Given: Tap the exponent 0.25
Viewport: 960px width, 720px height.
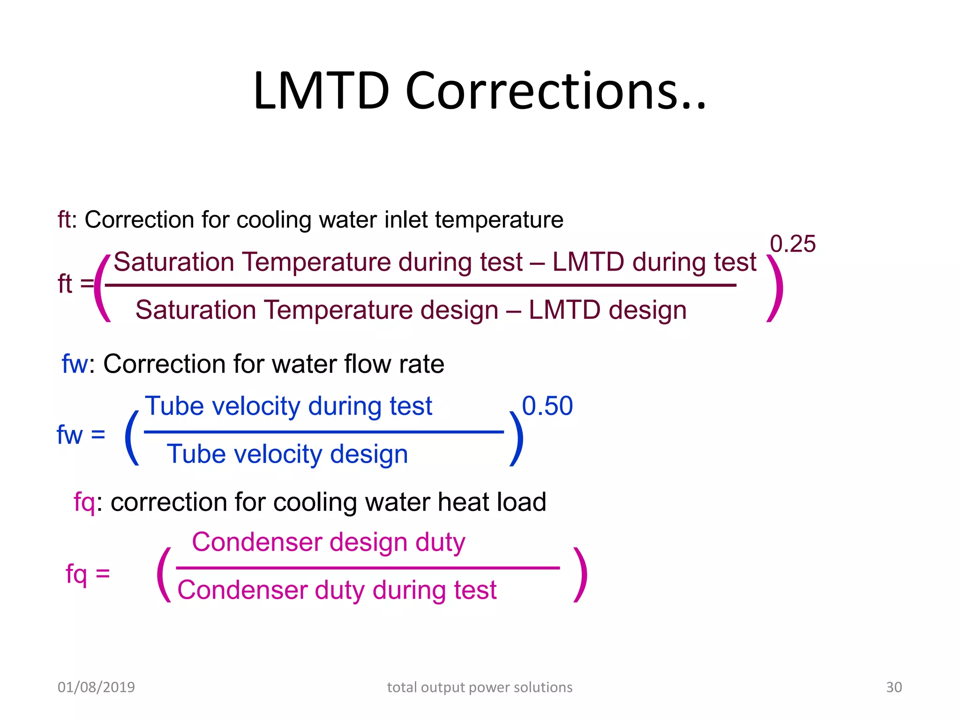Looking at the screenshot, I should (x=793, y=244).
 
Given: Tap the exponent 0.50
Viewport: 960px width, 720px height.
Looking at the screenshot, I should (x=547, y=406).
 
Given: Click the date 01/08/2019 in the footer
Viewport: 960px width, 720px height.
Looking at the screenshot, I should (x=96, y=687).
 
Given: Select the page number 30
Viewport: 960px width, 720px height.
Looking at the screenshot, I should (x=893, y=687).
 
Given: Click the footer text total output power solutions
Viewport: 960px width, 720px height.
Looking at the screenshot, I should (x=480, y=687).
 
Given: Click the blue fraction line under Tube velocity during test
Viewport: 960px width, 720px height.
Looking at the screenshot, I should (x=323, y=432).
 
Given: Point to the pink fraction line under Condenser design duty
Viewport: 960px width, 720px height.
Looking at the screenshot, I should (x=368, y=568).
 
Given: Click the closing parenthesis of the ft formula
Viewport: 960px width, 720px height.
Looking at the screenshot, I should (x=776, y=288).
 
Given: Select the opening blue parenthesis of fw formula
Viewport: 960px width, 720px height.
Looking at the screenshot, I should (x=132, y=438).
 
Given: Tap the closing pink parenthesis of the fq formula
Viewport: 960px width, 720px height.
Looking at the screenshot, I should (x=581, y=574).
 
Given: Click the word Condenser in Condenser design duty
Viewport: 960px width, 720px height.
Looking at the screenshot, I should (x=257, y=542).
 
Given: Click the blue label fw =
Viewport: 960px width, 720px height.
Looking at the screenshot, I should (x=81, y=435).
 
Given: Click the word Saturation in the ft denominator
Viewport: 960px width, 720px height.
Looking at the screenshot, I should (x=195, y=310).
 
